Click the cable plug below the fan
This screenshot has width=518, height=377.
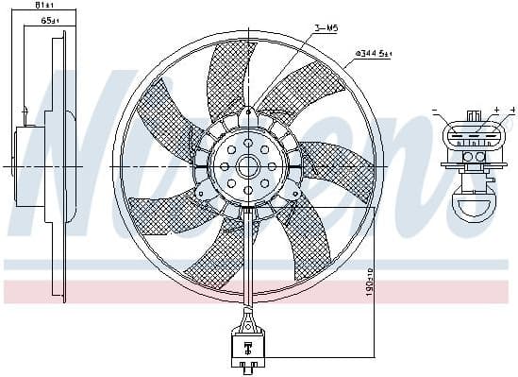tap(248, 346)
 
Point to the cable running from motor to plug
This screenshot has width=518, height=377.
tap(248, 265)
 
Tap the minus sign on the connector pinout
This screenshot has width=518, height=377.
tap(436, 111)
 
